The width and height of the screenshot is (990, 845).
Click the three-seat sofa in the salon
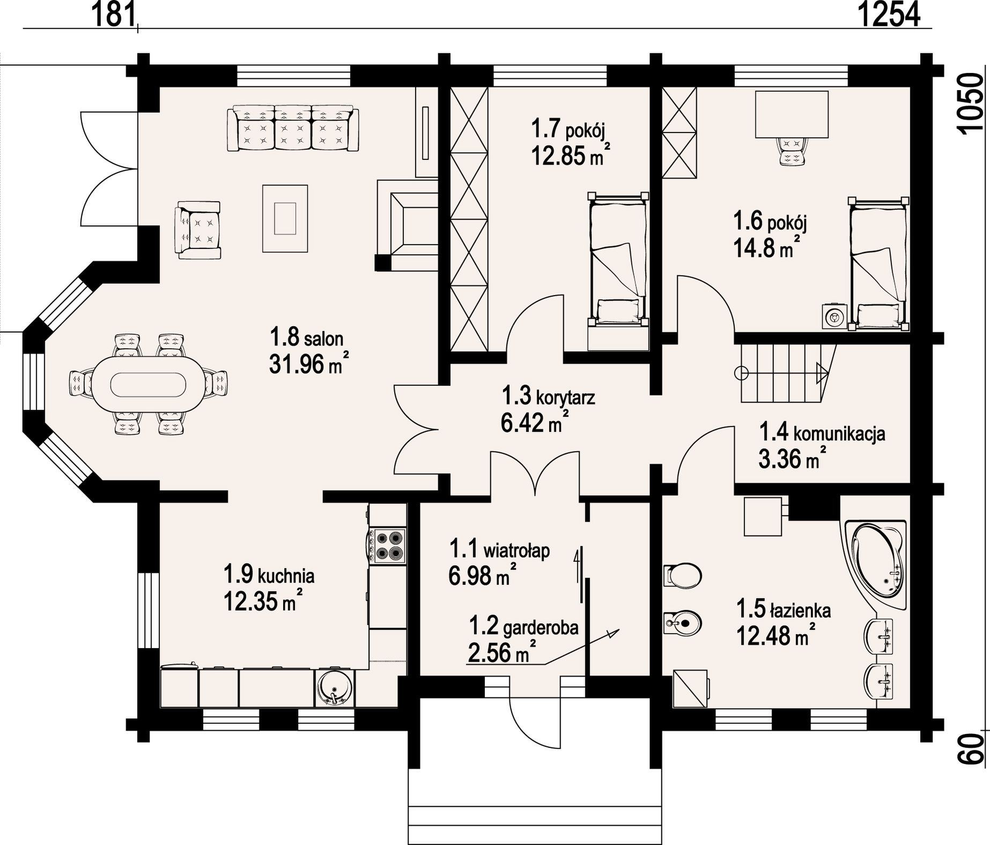click(x=293, y=129)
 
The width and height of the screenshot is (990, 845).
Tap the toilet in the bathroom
click(x=682, y=576)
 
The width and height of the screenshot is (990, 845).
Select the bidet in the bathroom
click(x=682, y=622)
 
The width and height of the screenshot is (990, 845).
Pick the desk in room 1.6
click(x=792, y=114)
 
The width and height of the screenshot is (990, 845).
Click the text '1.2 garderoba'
click(x=524, y=626)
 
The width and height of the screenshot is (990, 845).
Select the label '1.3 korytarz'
click(x=548, y=396)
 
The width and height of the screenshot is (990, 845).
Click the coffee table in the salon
click(x=285, y=218)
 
